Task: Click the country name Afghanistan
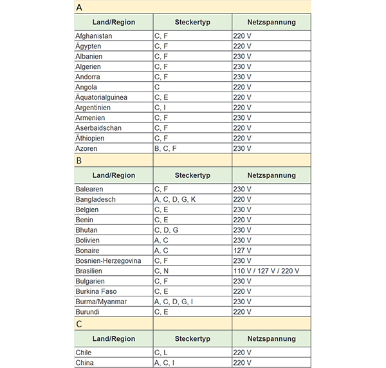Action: (94, 36)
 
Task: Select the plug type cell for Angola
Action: (157, 87)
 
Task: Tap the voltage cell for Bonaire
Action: (242, 251)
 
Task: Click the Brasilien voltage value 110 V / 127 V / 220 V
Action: (266, 271)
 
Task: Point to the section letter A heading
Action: (78, 7)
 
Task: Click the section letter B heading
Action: (78, 160)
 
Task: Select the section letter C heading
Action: (78, 324)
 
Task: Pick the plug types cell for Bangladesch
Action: (175, 200)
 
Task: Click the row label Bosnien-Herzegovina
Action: (108, 261)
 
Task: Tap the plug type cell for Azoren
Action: (165, 148)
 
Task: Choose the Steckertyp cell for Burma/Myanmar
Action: (172, 302)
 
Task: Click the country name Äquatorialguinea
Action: (101, 97)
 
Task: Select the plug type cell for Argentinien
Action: (160, 108)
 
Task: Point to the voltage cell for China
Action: (242, 363)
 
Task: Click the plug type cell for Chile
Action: (161, 353)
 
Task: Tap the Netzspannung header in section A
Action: (271, 22)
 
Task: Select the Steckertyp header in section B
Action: (192, 175)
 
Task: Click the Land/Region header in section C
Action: (114, 338)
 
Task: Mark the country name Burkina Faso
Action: (96, 291)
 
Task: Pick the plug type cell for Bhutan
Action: (166, 230)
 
